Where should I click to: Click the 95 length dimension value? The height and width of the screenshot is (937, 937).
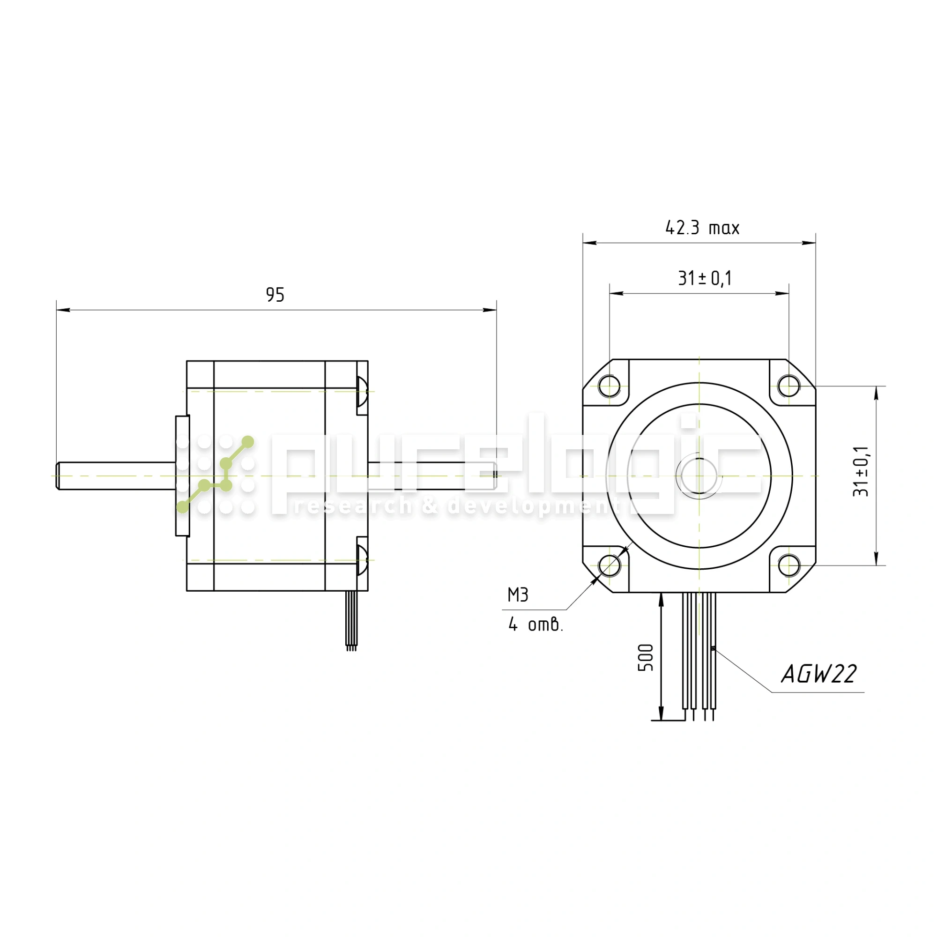tap(275, 294)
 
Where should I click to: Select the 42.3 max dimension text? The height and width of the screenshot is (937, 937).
tap(702, 228)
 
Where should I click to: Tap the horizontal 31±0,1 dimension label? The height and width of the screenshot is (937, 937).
tap(705, 278)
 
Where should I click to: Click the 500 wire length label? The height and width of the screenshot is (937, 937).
tap(646, 658)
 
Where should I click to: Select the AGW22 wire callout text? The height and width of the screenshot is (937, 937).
tap(818, 674)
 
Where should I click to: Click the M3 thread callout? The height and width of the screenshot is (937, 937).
tap(518, 595)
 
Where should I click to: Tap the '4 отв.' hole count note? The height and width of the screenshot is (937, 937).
tap(535, 624)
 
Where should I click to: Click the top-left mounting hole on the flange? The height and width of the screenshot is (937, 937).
tap(609, 386)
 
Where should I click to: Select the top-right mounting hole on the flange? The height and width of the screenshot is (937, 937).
tap(788, 386)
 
